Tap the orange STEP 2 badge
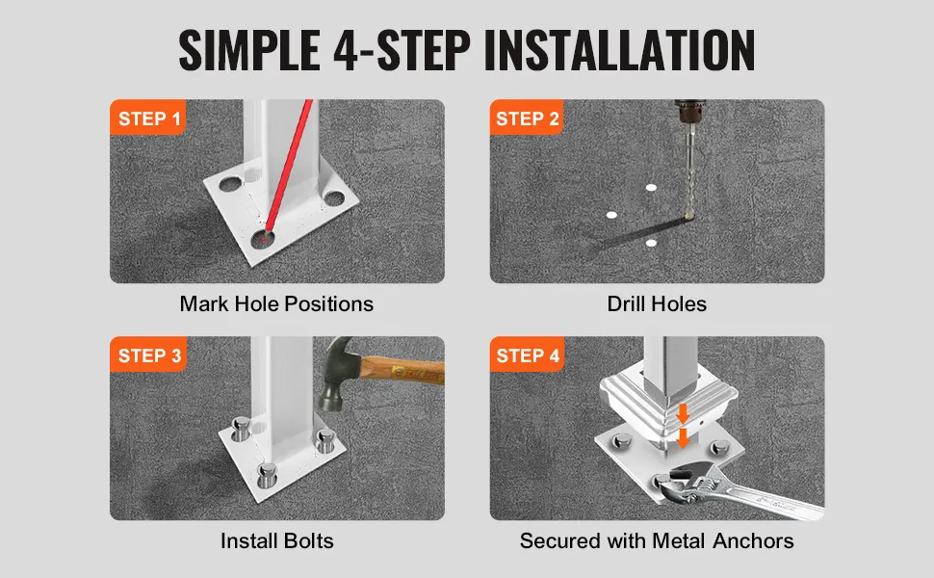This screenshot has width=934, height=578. tap(527, 118)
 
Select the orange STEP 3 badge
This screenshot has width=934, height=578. tap(148, 355)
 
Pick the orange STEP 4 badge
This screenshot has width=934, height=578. tap(527, 355)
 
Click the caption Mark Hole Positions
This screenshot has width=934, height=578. tap(276, 303)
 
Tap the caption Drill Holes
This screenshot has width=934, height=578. tap(657, 303)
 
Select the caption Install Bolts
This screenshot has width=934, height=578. tap(277, 541)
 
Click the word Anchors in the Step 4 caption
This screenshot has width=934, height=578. tap(753, 541)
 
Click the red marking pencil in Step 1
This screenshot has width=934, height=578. tap(289, 165)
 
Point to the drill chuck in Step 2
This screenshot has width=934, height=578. tap(689, 114)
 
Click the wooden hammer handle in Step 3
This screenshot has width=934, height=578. tap(402, 370)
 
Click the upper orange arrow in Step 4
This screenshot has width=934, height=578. tap(683, 413)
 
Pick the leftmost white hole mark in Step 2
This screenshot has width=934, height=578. tap(611, 215)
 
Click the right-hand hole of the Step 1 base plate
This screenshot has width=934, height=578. tap(334, 198)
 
